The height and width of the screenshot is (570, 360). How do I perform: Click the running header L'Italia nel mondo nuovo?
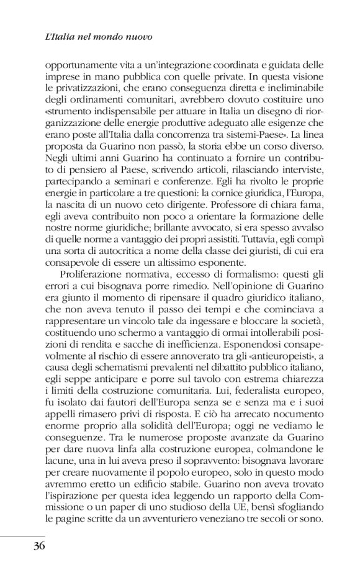(99, 37)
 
